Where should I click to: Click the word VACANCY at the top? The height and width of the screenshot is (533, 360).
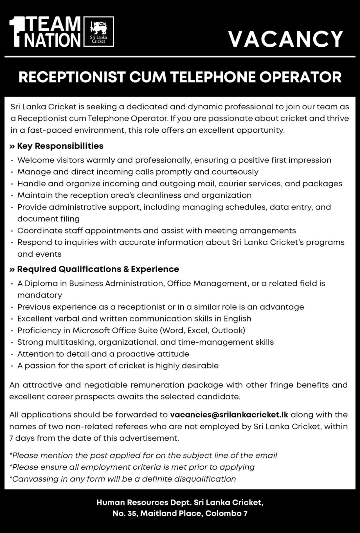click(x=286, y=39)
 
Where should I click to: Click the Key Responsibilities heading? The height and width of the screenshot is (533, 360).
click(x=60, y=146)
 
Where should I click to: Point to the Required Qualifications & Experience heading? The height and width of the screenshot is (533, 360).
click(x=98, y=269)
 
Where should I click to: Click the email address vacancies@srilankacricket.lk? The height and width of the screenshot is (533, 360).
click(x=229, y=415)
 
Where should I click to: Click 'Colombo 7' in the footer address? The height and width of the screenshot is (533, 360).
click(x=226, y=514)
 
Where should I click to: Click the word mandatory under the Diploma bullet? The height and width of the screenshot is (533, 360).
click(x=40, y=295)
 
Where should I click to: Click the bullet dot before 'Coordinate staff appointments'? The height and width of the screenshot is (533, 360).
click(x=12, y=231)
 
